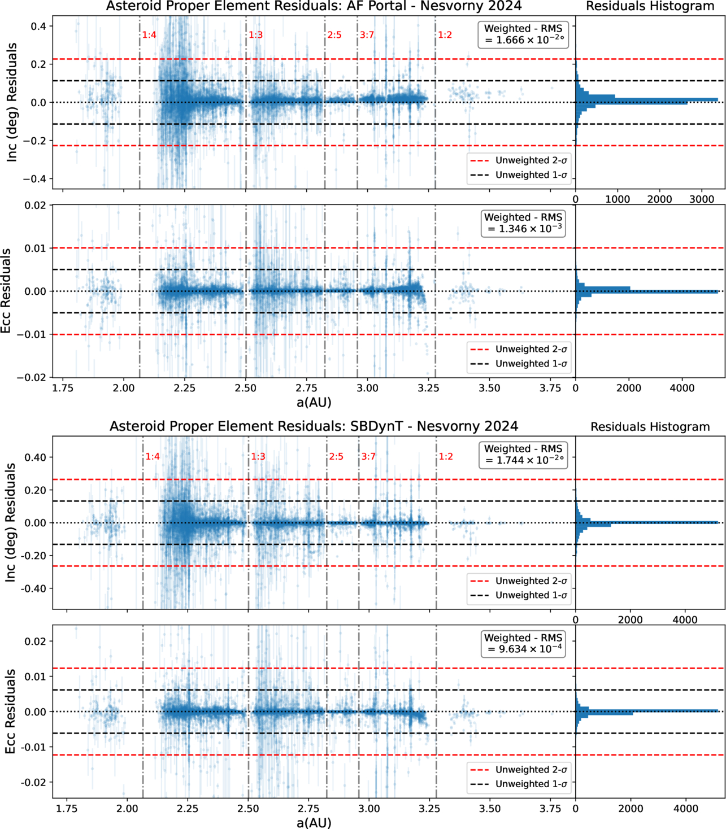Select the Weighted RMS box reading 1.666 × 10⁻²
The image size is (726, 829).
tap(523, 34)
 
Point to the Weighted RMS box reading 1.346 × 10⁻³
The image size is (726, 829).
tap(523, 223)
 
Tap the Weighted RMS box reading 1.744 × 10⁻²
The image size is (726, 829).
tap(523, 455)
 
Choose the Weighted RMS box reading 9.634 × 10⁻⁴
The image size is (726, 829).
tap(523, 643)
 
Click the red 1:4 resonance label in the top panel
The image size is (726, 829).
tap(149, 35)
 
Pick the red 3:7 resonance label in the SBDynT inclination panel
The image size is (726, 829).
tap(368, 457)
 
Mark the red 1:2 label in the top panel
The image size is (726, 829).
tap(445, 35)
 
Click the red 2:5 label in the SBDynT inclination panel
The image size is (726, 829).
tap(336, 457)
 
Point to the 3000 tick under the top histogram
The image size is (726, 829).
tap(702, 199)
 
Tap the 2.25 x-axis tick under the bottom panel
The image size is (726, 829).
tap(188, 809)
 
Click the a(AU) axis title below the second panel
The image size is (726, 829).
tap(314, 402)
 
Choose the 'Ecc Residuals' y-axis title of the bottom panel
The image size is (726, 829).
tap(10, 712)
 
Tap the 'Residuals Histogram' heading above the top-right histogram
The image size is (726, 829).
tap(650, 6)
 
